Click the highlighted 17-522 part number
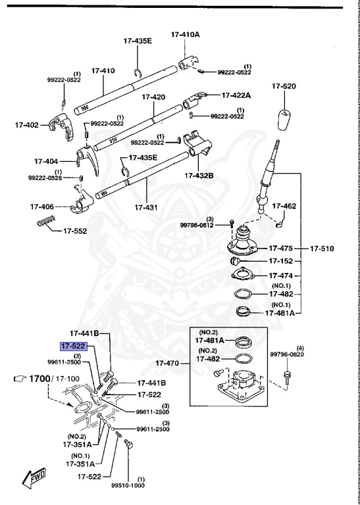point(74,346)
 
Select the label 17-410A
point(186,34)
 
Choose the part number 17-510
point(323,249)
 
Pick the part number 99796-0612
point(197,224)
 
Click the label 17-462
point(289,206)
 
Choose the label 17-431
point(147,207)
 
